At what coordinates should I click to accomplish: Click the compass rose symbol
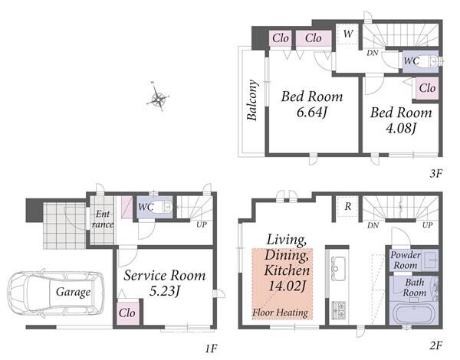click(x=157, y=97)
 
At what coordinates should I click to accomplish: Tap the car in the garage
click(x=56, y=293)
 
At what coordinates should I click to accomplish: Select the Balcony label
click(x=251, y=100)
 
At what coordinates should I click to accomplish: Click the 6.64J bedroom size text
click(x=311, y=113)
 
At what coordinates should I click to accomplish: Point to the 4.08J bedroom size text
click(x=401, y=129)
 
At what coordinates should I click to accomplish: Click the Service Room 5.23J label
click(x=164, y=283)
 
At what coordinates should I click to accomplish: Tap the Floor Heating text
click(x=280, y=313)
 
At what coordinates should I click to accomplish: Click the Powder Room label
click(x=405, y=260)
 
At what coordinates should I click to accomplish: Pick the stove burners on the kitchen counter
click(x=338, y=311)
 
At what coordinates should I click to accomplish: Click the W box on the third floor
click(x=347, y=34)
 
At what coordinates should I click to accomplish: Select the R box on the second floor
click(x=347, y=206)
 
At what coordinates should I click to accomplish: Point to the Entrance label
click(x=103, y=219)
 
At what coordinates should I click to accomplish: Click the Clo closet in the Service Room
click(x=128, y=313)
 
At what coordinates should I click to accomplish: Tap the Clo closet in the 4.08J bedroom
click(x=427, y=88)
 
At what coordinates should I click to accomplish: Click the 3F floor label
click(x=435, y=174)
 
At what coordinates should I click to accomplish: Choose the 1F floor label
click(x=211, y=349)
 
